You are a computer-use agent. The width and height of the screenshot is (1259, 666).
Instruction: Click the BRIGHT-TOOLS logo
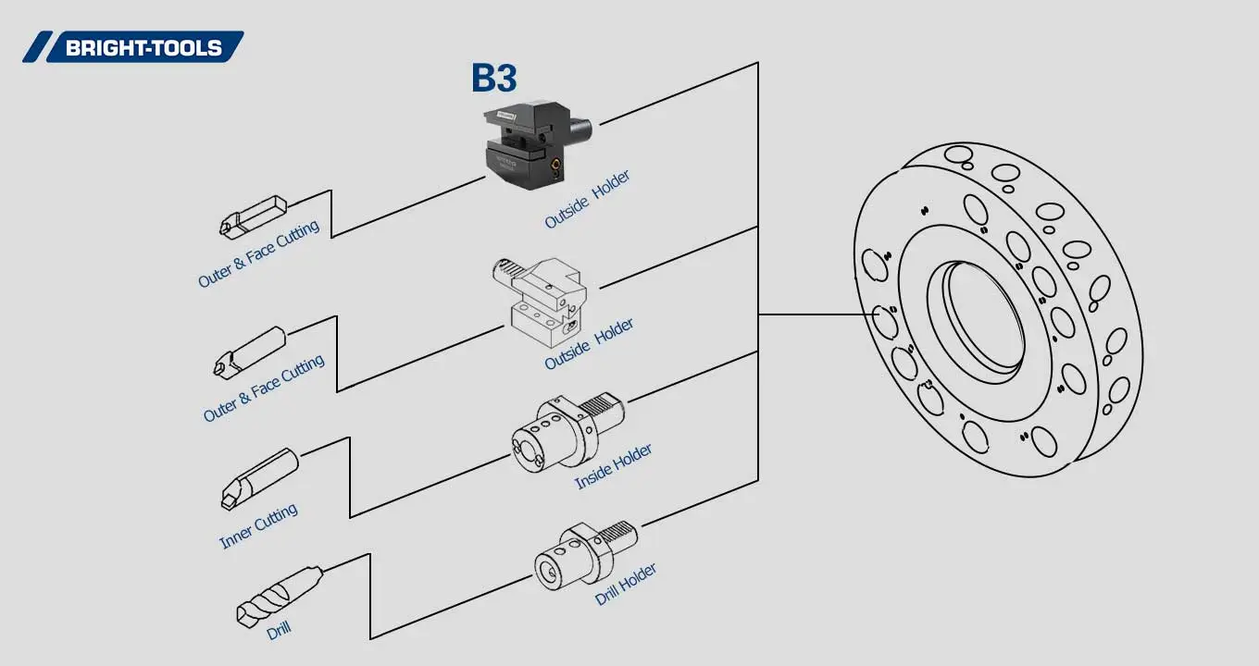133,47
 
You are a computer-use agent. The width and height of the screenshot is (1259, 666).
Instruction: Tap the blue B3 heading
493,79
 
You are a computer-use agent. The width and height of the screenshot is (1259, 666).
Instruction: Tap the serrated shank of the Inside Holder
606,404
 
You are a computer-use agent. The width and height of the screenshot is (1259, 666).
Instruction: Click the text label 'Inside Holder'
613,466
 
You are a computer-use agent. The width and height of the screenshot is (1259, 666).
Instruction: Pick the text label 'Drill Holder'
626,584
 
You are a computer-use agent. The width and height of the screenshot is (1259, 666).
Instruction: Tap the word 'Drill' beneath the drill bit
279,631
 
